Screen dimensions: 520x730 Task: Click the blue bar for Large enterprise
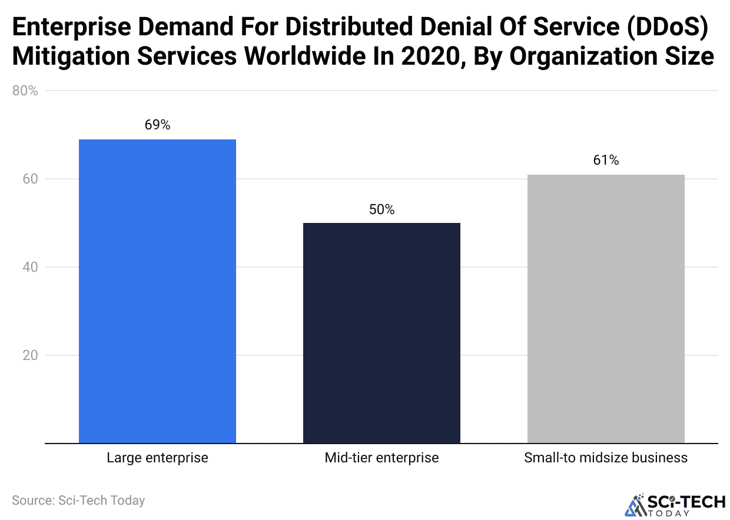click(157, 291)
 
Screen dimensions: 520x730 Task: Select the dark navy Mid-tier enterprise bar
click(381, 333)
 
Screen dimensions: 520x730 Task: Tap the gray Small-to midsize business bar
click(606, 309)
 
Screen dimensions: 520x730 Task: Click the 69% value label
click(157, 125)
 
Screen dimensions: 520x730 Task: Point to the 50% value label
click(381, 209)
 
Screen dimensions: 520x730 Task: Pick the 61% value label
click(606, 161)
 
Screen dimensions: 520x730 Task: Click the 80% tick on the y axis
click(25, 91)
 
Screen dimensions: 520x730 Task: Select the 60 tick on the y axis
click(30, 179)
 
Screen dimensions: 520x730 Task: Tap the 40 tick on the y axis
click(30, 267)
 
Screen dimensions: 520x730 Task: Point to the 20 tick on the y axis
click(30, 355)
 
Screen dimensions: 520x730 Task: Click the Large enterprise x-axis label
click(157, 458)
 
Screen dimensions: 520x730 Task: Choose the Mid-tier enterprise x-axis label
click(381, 458)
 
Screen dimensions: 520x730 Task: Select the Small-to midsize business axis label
click(606, 458)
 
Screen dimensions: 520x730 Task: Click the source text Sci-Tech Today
click(78, 501)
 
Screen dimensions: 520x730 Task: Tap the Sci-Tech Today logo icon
click(636, 505)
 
